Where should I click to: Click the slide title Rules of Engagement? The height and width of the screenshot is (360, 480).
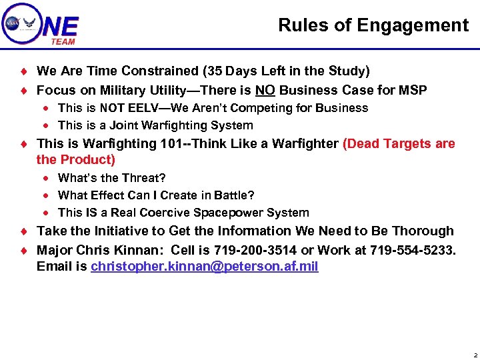click(x=373, y=25)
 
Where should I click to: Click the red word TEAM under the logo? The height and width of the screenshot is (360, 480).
click(x=63, y=41)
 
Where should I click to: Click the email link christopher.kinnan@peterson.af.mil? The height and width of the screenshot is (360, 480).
click(x=205, y=267)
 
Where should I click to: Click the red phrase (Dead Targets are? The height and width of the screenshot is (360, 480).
click(x=399, y=144)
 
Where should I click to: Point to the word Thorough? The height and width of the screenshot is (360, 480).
click(x=423, y=231)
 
